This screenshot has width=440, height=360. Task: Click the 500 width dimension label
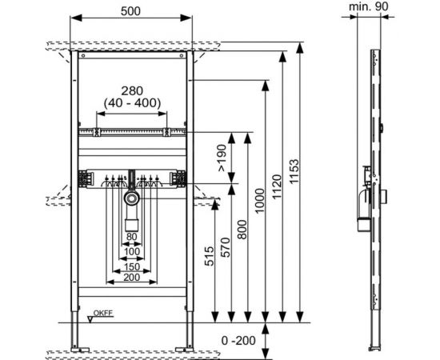(130, 11)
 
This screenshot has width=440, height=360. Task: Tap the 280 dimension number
(132, 91)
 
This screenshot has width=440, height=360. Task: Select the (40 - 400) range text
(132, 103)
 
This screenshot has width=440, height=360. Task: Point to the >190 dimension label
(222, 158)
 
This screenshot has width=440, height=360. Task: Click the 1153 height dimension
(294, 171)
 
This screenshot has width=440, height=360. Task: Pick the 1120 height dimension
(277, 186)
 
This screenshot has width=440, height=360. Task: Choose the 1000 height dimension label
(260, 201)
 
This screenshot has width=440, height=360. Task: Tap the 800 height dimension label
(242, 230)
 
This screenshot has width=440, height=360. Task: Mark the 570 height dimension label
(226, 247)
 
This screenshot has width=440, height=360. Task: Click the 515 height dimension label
(209, 256)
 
